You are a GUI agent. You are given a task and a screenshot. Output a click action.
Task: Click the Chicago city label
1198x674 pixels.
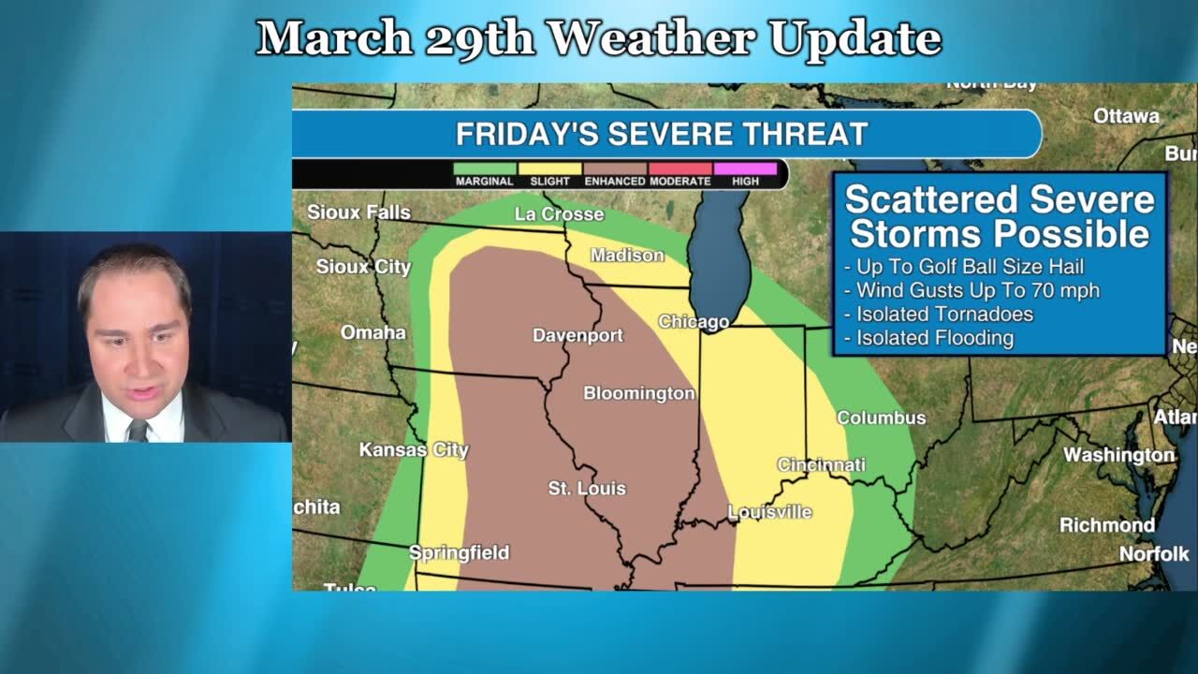coord(694,322)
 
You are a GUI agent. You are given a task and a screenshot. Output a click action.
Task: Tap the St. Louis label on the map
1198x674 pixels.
coord(587,489)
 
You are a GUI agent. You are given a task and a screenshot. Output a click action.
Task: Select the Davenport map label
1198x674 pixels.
coord(577,335)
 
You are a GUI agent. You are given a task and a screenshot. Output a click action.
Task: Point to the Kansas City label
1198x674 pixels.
coord(414,450)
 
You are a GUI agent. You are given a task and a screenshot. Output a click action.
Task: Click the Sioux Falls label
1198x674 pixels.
coord(358,212)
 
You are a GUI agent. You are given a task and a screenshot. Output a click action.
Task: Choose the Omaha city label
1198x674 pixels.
coord(373,332)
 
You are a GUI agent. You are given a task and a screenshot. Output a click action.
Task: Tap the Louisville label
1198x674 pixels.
coord(770,512)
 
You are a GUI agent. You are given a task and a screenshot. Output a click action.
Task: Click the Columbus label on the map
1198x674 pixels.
coord(881,418)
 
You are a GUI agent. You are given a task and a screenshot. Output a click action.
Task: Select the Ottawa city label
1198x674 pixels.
coord(1126,116)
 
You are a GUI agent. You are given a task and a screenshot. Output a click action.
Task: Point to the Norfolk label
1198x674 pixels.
coord(1154,554)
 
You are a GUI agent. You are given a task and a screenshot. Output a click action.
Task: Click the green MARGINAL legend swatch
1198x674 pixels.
coord(484,168)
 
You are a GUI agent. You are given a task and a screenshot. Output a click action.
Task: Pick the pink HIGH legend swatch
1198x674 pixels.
coord(745,168)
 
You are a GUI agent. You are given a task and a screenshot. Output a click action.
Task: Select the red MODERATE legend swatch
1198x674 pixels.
coord(679,168)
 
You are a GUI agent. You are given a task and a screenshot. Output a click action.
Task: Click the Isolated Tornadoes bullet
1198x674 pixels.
coord(944,315)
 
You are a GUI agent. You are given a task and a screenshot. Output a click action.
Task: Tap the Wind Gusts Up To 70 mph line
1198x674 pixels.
coord(977,291)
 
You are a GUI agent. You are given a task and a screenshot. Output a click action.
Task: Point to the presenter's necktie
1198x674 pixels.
coord(139,431)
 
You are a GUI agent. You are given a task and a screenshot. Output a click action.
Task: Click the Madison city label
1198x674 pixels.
coord(627,256)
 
